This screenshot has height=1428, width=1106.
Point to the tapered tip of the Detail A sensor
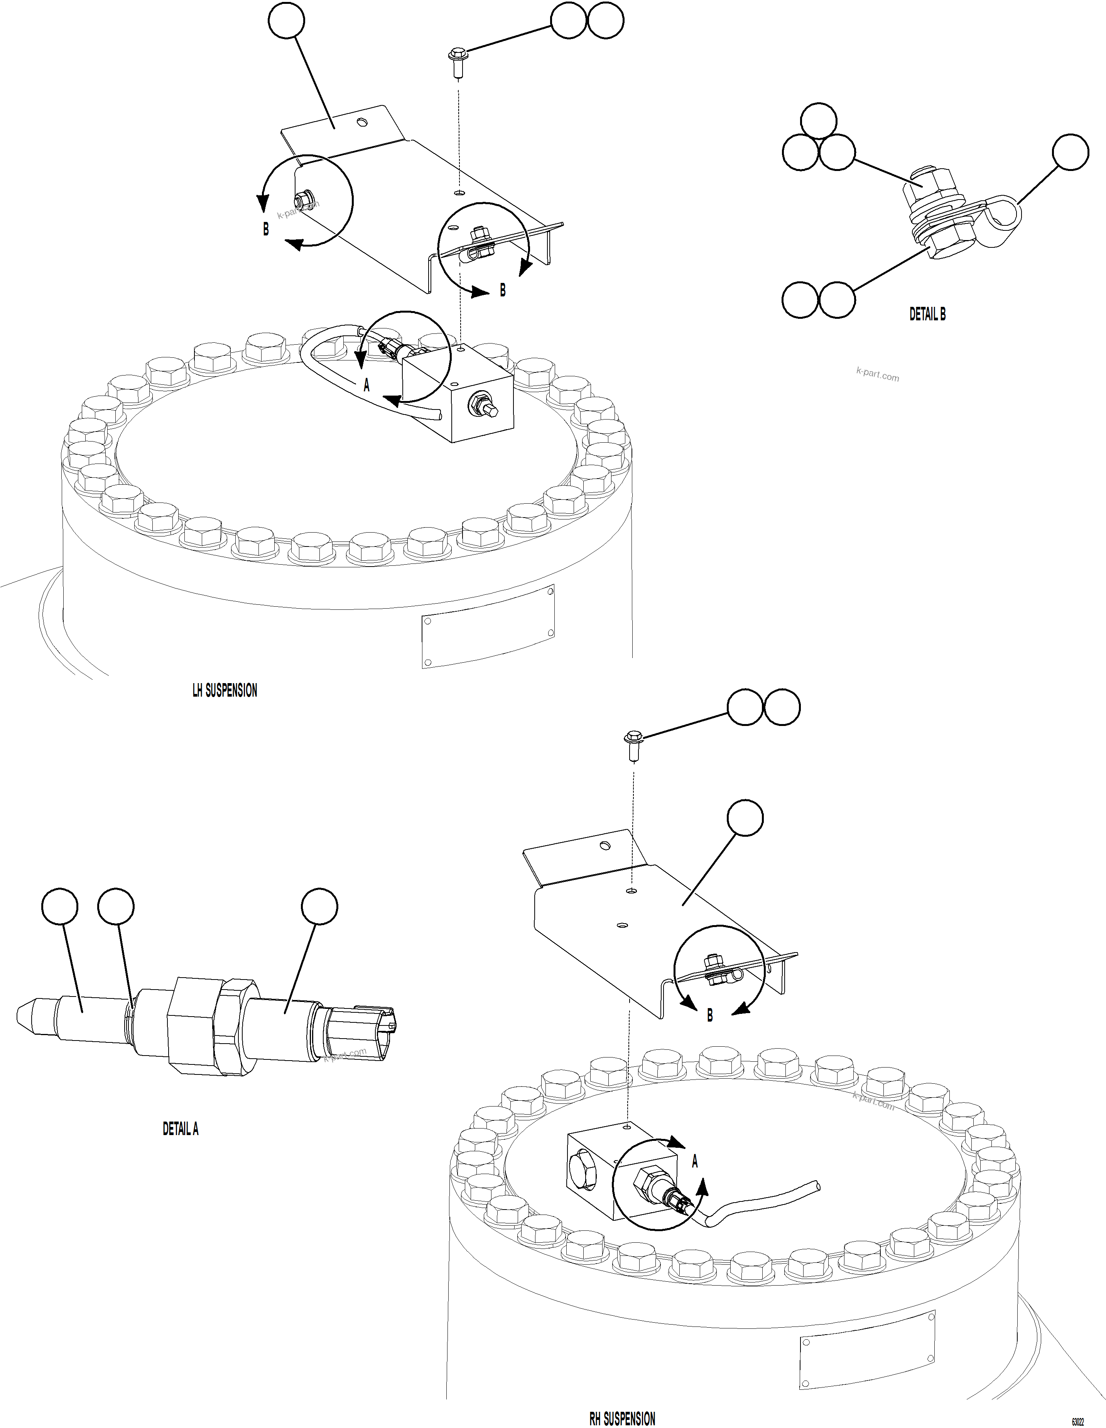pyautogui.click(x=29, y=1012)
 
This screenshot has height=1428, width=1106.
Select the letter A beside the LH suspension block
pyautogui.click(x=367, y=386)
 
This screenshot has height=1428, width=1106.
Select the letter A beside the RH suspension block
pyautogui.click(x=695, y=1161)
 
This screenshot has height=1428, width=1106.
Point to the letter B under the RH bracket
pyautogui.click(x=710, y=1015)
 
